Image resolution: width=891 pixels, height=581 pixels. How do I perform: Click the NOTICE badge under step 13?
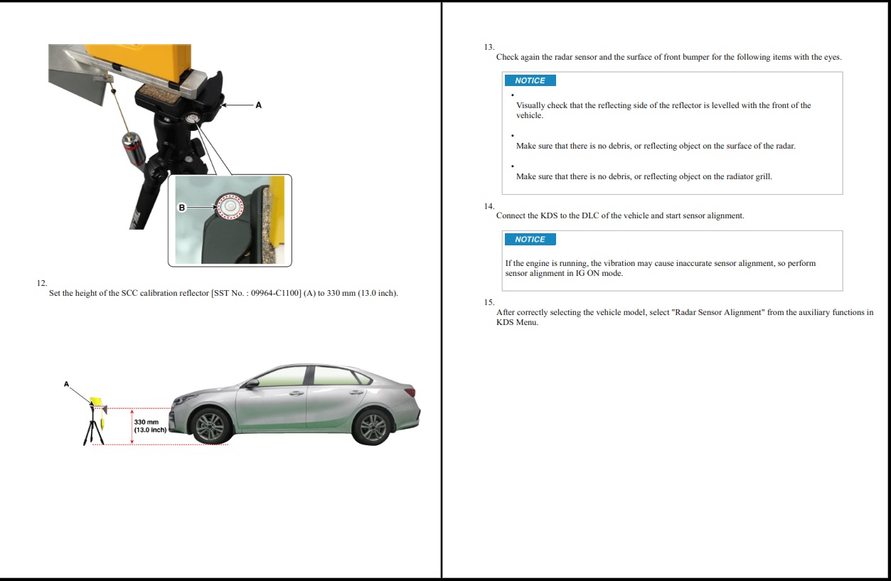530,80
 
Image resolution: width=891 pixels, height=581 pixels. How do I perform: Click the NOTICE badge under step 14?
530,239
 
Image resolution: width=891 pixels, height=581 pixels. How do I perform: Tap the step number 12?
42,283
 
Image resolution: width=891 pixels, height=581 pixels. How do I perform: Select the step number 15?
489,302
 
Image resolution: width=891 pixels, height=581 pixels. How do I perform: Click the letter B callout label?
182,207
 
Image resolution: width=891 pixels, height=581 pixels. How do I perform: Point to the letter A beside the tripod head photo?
259,105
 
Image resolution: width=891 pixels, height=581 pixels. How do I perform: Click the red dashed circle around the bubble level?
230,206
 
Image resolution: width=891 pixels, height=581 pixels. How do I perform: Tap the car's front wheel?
210,425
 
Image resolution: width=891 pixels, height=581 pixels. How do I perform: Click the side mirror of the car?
252,383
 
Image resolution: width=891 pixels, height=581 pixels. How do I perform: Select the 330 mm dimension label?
150,426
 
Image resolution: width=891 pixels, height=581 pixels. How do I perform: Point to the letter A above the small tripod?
66,384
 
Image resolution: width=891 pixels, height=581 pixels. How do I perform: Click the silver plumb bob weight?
133,149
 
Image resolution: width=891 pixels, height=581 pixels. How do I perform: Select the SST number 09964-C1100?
275,293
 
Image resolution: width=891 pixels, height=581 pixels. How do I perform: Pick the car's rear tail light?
410,392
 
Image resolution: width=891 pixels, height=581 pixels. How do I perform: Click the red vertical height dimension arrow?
132,426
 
